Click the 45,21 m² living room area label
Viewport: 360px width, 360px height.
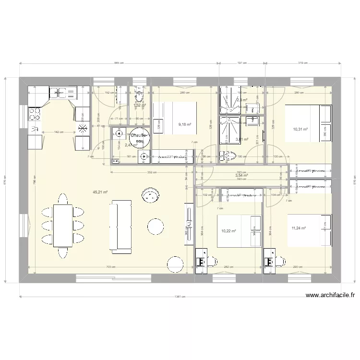[x=100, y=192]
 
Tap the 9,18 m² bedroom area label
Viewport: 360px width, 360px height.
[x=185, y=124]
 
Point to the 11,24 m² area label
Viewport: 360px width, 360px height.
[x=300, y=229]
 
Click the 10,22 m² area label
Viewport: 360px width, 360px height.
[x=228, y=231]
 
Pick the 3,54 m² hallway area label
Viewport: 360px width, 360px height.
[x=241, y=176]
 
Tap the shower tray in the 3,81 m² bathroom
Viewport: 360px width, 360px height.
[x=232, y=130]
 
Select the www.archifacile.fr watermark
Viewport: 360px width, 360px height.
[x=329, y=296]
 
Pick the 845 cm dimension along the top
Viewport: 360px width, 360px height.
[x=119, y=63]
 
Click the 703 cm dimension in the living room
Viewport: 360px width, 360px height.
[x=111, y=267]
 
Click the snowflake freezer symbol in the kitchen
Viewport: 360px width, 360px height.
[x=83, y=127]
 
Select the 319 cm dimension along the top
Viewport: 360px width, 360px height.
[x=303, y=63]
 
